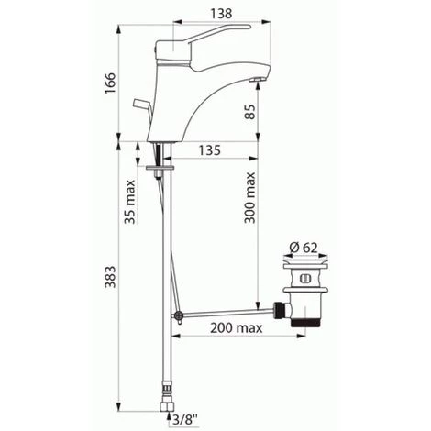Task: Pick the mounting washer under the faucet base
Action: tap(161, 170)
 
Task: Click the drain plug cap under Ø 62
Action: tap(304, 272)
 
